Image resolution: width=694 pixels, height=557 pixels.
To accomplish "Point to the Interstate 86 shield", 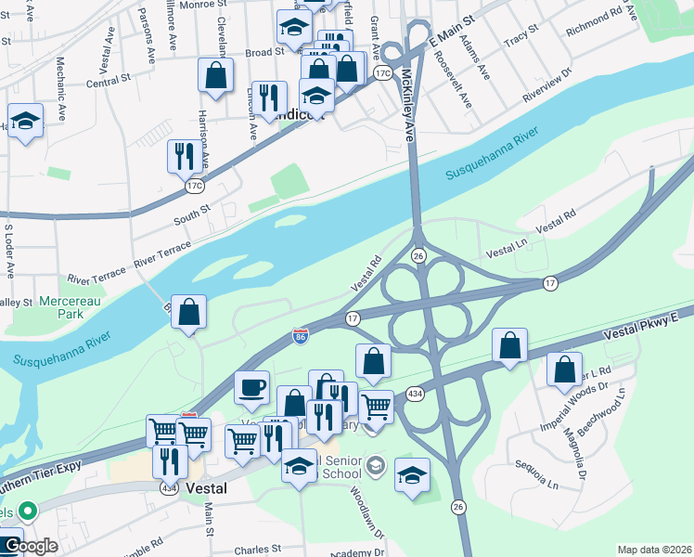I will coord(301,335).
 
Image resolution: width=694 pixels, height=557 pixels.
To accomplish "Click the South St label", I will coord(193,217).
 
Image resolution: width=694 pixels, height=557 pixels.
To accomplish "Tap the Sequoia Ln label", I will coord(538,476).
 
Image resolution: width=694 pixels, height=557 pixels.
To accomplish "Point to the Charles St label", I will coord(257,550).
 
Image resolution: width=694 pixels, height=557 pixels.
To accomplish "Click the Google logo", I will coord(30,546).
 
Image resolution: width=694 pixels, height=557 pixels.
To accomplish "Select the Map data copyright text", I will coord(654,550).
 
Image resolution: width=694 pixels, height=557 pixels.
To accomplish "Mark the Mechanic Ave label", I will coord(61,94).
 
